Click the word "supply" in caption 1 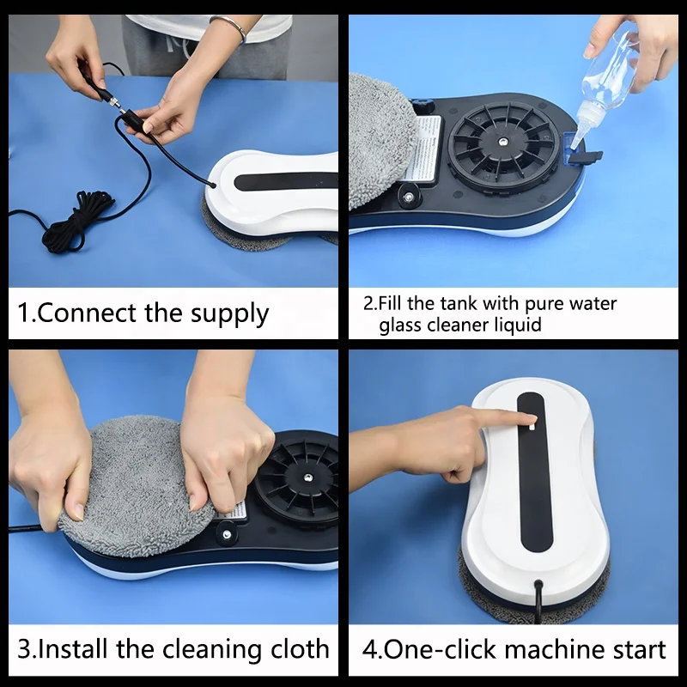tap(230, 314)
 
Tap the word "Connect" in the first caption tap(88, 313)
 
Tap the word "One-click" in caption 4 tap(441, 649)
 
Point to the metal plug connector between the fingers tap(114, 103)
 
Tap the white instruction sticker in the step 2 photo tap(425, 148)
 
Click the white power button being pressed tap(532, 426)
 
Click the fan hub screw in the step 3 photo tap(309, 477)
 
